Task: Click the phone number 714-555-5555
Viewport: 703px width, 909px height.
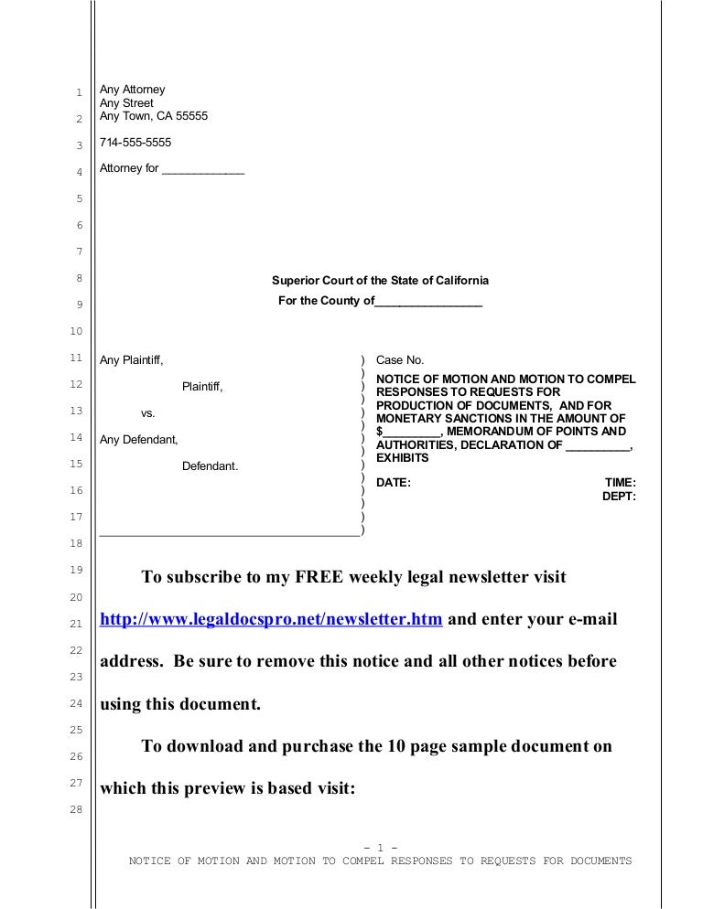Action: [x=135, y=144]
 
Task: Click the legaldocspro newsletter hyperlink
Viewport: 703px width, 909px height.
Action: [x=272, y=619]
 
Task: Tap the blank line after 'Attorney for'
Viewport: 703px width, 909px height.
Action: [x=202, y=170]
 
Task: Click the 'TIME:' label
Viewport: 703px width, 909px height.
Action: [x=621, y=482]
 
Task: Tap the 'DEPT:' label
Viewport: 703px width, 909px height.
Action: [x=619, y=496]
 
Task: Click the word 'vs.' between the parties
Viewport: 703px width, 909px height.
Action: [x=146, y=413]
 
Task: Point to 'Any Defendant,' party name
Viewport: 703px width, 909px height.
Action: [x=138, y=440]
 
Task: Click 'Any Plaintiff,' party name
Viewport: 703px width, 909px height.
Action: [x=132, y=361]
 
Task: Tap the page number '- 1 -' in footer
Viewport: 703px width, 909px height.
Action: [x=380, y=847]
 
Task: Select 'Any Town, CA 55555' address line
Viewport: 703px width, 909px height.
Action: [x=154, y=116]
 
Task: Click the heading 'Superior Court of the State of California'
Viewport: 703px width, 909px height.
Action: [x=380, y=281]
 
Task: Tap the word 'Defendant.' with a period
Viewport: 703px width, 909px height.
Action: [x=210, y=466]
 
